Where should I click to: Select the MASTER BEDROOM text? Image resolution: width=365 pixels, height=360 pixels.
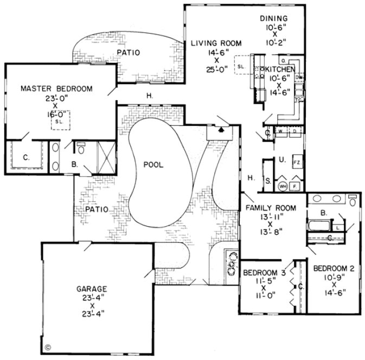[x=56, y=89]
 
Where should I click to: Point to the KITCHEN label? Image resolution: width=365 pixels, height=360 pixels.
[x=280, y=70]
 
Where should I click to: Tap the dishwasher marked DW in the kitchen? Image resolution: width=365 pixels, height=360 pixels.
[x=299, y=78]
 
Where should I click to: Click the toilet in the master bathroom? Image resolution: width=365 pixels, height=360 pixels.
[x=80, y=147]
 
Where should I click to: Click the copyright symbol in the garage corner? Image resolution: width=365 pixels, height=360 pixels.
[x=47, y=345]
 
